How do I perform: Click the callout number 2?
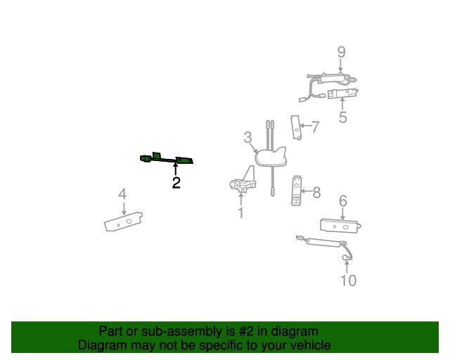pos(176,184)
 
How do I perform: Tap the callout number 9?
pos(341,52)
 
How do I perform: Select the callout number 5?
pos(342,117)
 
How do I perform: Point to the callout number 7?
pos(315,127)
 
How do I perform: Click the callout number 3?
pos(248,137)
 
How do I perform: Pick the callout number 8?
pos(316,190)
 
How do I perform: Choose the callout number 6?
pos(343,202)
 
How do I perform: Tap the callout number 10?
pos(348,281)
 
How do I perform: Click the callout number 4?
pos(122,193)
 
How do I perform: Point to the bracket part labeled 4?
pos(124,222)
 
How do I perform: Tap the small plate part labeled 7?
pos(297,128)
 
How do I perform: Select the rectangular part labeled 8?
pos(297,190)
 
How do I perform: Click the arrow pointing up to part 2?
pos(176,169)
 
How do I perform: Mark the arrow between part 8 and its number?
pos(306,190)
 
